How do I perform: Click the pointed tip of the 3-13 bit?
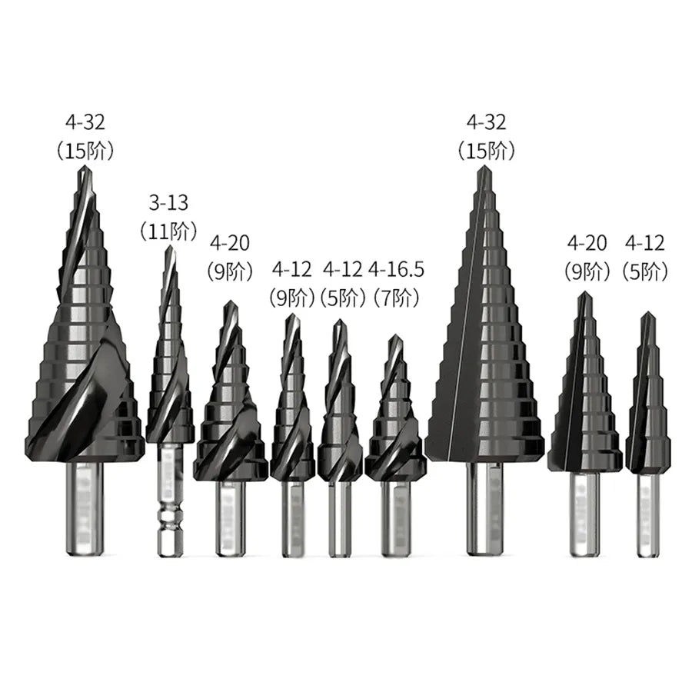(169, 247)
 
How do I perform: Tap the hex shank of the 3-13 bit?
(169, 499)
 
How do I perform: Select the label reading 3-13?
(168, 203)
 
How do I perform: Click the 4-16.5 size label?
(396, 269)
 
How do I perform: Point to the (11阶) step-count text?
(168, 231)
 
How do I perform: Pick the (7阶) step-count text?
(396, 299)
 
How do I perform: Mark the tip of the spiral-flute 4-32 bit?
(85, 168)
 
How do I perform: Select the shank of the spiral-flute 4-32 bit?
(85, 508)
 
